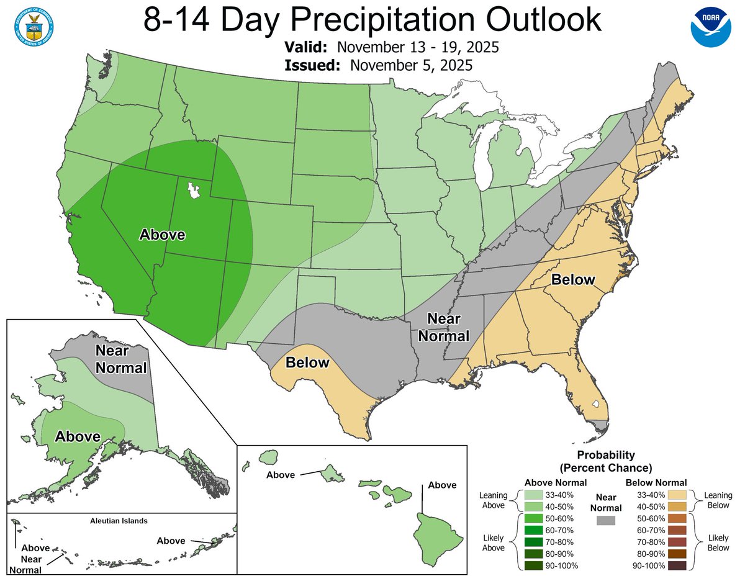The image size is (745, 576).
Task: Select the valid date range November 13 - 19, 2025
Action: tap(420, 48)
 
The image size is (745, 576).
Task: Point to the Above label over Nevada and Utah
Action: tap(162, 235)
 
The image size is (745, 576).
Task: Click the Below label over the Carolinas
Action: tap(573, 279)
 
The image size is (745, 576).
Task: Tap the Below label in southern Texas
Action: tap(307, 362)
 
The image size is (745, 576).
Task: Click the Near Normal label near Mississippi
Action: tap(444, 327)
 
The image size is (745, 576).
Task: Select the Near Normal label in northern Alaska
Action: tap(120, 359)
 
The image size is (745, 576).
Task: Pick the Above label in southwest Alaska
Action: tap(78, 436)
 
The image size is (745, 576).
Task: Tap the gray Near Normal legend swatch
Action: tap(605, 520)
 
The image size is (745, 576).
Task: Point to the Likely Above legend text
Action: tap(494, 542)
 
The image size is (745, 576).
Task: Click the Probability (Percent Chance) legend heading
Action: tap(605, 461)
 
